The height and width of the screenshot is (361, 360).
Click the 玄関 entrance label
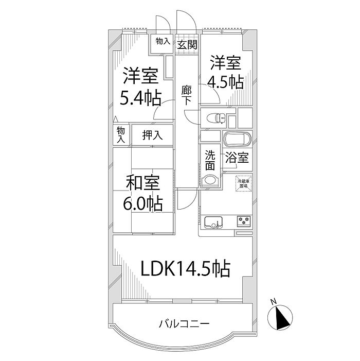pyautogui.click(x=187, y=44)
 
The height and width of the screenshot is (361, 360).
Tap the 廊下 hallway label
pyautogui.click(x=187, y=94)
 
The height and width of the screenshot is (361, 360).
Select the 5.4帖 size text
pyautogui.click(x=140, y=97)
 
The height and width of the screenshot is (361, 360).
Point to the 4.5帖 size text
pyautogui.click(x=225, y=82)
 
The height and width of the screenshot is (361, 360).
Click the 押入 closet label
pyautogui.click(x=152, y=135)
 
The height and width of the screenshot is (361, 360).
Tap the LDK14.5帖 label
pyautogui.click(x=186, y=268)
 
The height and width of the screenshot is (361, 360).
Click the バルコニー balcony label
pyautogui.click(x=184, y=324)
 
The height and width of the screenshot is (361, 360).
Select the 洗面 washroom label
pyautogui.click(x=210, y=160)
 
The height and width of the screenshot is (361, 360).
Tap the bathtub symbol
pyautogui.click(x=237, y=140)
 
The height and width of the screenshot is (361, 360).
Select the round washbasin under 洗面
pyautogui.click(x=209, y=181)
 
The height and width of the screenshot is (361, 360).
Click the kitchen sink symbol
pyautogui.click(x=213, y=222)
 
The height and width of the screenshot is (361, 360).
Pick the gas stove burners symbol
pyautogui.click(x=243, y=221)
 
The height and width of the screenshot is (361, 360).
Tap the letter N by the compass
pyautogui.click(x=274, y=302)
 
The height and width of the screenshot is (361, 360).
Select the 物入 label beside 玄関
pyautogui.click(x=163, y=41)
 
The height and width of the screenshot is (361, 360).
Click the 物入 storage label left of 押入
pyautogui.click(x=121, y=135)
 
